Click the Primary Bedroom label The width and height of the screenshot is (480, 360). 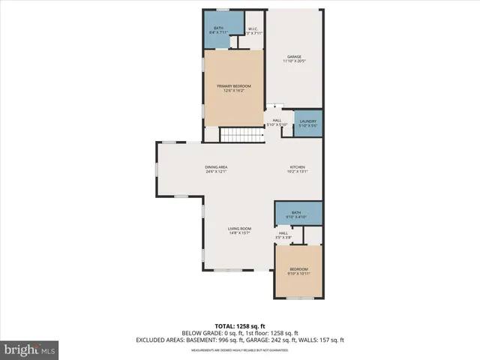pos(234,86)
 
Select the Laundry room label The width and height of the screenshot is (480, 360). pos(308,121)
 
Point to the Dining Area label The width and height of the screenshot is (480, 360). pos(216,166)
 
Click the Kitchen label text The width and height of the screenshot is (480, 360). pos(298,166)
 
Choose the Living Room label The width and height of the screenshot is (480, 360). pos(239,228)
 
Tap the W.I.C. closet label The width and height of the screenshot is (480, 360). pos(253,31)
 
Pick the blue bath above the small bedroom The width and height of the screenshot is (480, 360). pos(298,214)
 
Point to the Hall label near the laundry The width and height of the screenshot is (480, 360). pos(277,121)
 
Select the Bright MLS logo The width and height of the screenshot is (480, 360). pos(31,349)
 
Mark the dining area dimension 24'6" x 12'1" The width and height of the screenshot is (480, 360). pos(216,172)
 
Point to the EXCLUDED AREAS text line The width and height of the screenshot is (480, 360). pos(239,340)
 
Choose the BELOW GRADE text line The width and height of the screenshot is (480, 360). pos(239,333)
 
